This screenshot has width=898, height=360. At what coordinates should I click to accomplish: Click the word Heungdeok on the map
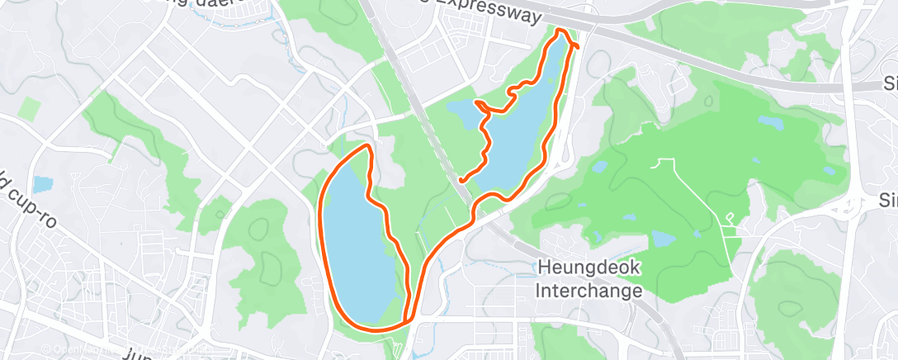pos(588,268)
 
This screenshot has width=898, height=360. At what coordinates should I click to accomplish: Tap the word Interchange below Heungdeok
pos(588,291)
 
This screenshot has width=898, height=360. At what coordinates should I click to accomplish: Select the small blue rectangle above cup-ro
pos(43,184)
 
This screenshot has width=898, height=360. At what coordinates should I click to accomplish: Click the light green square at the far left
pos(30,108)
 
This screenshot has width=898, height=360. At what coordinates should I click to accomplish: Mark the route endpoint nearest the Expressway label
pos(576,46)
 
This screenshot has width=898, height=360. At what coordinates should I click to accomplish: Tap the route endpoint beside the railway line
pos(461,179)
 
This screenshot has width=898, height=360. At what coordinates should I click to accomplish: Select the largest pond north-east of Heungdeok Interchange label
pos(664,239)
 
